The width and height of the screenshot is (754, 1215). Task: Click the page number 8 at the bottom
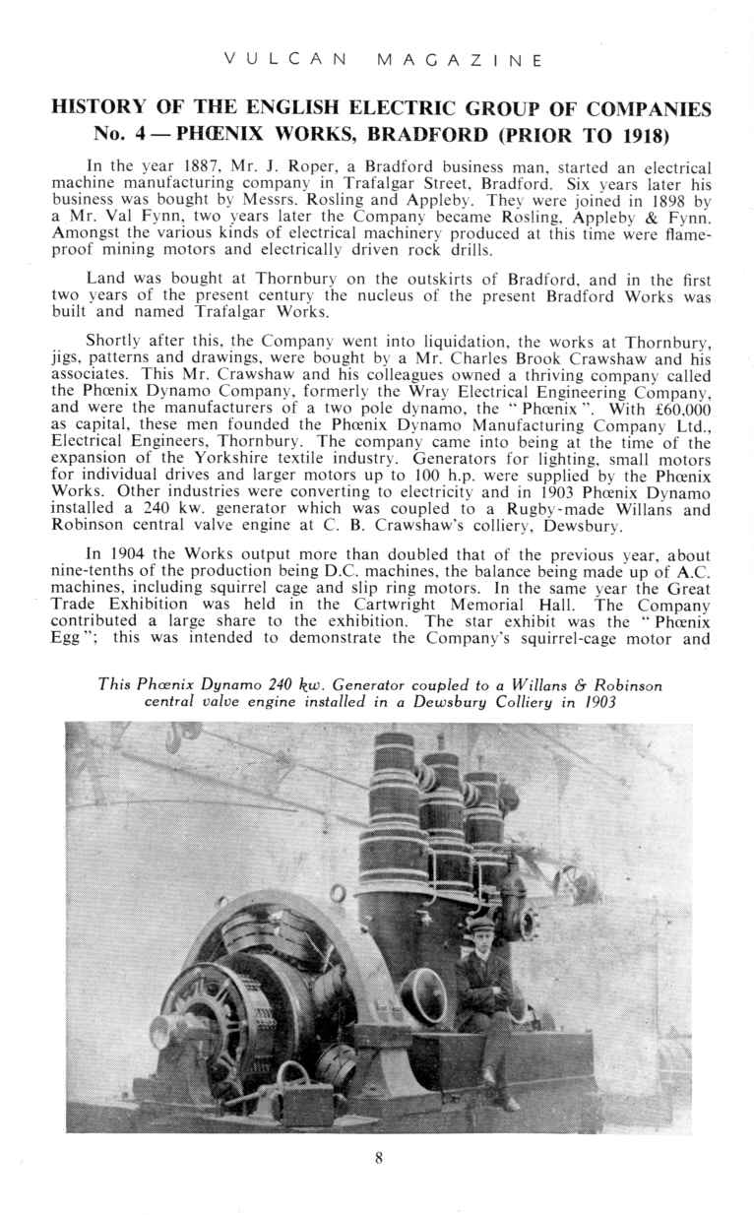(378, 1158)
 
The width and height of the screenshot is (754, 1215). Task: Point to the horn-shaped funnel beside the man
(425, 989)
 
